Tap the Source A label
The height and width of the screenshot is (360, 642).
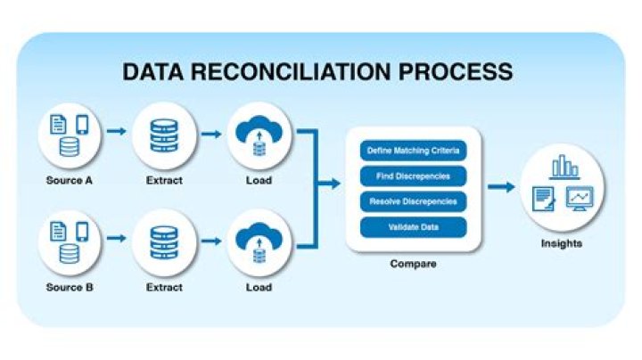(x=69, y=181)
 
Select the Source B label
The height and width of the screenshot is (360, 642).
(x=69, y=288)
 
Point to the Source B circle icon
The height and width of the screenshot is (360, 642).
(x=69, y=243)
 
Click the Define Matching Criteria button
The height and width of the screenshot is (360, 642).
(x=413, y=150)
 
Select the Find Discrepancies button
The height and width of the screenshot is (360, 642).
(x=413, y=176)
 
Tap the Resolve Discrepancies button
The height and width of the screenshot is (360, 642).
(x=413, y=201)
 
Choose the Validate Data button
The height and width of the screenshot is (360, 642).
(x=413, y=227)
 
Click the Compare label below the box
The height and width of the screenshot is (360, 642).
(x=412, y=265)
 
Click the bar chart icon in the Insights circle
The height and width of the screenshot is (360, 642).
(x=564, y=167)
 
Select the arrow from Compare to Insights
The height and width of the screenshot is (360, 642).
(x=502, y=187)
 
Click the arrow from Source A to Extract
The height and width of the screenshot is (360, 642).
(x=116, y=132)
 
